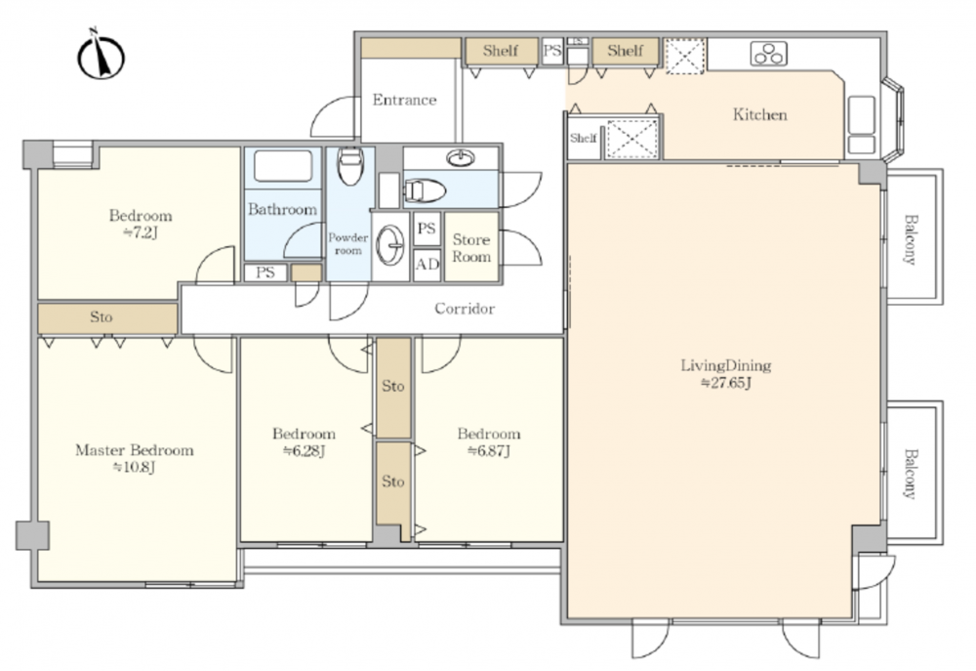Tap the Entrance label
click(404, 100)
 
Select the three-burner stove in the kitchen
click(769, 54)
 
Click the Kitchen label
click(759, 114)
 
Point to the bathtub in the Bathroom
click(283, 166)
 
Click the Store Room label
click(471, 248)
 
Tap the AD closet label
click(427, 265)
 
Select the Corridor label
click(465, 309)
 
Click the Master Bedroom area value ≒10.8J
click(134, 467)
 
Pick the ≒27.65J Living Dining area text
click(726, 383)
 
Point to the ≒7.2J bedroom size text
click(140, 233)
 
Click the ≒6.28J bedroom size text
click(304, 450)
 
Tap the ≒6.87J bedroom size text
click(489, 450)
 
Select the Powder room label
click(348, 243)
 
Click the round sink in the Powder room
click(390, 245)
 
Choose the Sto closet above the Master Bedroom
click(107, 317)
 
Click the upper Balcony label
click(910, 240)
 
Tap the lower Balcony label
click(910, 474)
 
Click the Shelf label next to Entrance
click(501, 51)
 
